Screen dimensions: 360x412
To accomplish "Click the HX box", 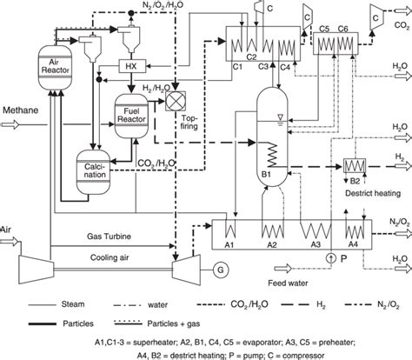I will pos(130,66).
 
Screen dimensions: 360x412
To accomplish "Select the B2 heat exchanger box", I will pos(356,163).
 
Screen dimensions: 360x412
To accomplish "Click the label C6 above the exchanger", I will pos(344,29).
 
